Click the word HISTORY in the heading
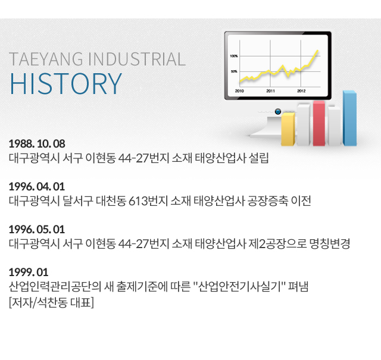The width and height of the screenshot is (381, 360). pos(65,83)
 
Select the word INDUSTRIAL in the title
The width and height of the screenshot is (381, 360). pos(137,60)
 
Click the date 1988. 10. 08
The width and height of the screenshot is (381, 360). pos(37,143)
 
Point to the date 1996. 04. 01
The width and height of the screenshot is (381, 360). pos(37,187)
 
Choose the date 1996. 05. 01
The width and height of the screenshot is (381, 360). pos(37,229)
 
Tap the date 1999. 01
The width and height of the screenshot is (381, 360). pos(29,272)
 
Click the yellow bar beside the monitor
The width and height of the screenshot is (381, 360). pos(288,129)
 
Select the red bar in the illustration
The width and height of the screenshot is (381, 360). pos(319,123)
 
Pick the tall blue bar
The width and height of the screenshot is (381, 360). pos(349,118)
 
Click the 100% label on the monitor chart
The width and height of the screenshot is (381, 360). pos(234,56)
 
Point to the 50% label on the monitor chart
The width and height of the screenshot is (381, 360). pos(234,71)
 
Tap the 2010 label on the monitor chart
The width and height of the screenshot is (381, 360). pos(239,91)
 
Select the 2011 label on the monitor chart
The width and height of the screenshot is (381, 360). pos(270,91)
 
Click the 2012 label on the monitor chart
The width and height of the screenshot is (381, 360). pos(301,91)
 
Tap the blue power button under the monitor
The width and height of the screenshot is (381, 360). pos(278,111)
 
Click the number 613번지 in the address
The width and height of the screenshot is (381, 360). pos(148,201)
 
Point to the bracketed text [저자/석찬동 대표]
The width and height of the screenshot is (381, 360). pos(51,302)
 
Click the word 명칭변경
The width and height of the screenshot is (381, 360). pos(330,243)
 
